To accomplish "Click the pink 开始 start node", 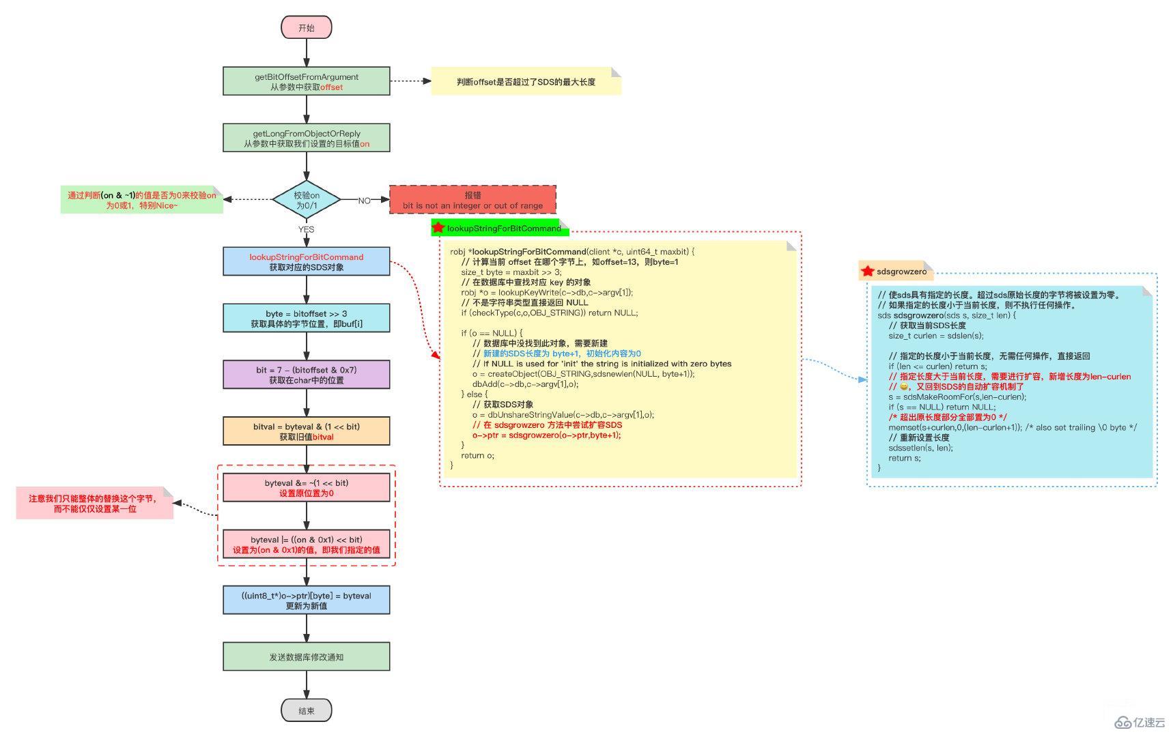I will (x=306, y=28).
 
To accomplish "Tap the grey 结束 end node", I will (x=306, y=710).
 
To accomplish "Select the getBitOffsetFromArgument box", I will (x=306, y=81).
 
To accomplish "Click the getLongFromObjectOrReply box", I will (x=306, y=138).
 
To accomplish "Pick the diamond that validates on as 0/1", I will (x=306, y=200).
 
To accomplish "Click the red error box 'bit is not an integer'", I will (x=472, y=200).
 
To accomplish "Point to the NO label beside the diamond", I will (x=365, y=201).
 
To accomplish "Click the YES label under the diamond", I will (x=306, y=229).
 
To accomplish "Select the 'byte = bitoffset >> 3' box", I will (x=306, y=318).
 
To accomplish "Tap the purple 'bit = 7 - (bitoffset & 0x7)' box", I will (x=306, y=375).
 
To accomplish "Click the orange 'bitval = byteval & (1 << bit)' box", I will (x=306, y=431).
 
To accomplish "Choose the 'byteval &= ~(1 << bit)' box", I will (x=306, y=487).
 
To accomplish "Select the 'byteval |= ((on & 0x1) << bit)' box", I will (x=306, y=544).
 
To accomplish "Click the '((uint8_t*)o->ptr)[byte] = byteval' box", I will (x=306, y=601).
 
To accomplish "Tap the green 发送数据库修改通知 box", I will (x=306, y=656).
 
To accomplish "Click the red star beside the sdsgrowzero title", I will (x=867, y=271).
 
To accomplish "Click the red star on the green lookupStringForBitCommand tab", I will (x=438, y=227).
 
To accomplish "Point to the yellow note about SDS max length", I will (x=526, y=82).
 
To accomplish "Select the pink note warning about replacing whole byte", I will (x=94, y=504).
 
